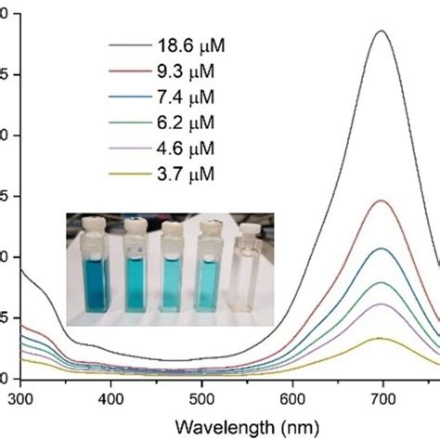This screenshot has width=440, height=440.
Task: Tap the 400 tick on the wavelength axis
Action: coord(111,397)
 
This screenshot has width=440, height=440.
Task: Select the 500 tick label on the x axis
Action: coord(202,397)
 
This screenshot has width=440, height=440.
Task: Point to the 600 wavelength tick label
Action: coord(293,397)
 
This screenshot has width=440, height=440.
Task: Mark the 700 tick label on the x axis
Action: coord(383,397)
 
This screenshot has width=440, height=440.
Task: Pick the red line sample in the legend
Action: coord(125,70)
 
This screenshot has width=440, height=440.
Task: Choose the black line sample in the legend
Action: coord(125,44)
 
